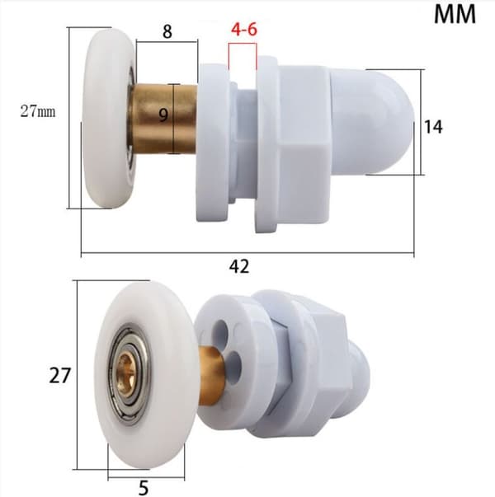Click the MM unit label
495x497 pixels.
pyautogui.click(x=455, y=14)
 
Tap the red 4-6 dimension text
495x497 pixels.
pyautogui.click(x=243, y=30)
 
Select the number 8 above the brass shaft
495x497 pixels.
pyautogui.click(x=167, y=31)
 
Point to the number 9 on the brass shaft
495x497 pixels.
pyautogui.click(x=163, y=115)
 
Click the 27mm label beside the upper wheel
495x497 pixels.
pyautogui.click(x=38, y=111)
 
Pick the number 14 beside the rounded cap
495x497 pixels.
pyautogui.click(x=433, y=127)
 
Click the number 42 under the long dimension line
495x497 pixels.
pyautogui.click(x=239, y=266)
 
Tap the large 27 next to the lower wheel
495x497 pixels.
pyautogui.click(x=59, y=376)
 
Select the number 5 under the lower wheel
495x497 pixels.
pyautogui.click(x=144, y=488)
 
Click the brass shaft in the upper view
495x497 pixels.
pyautogui.click(x=163, y=118)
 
